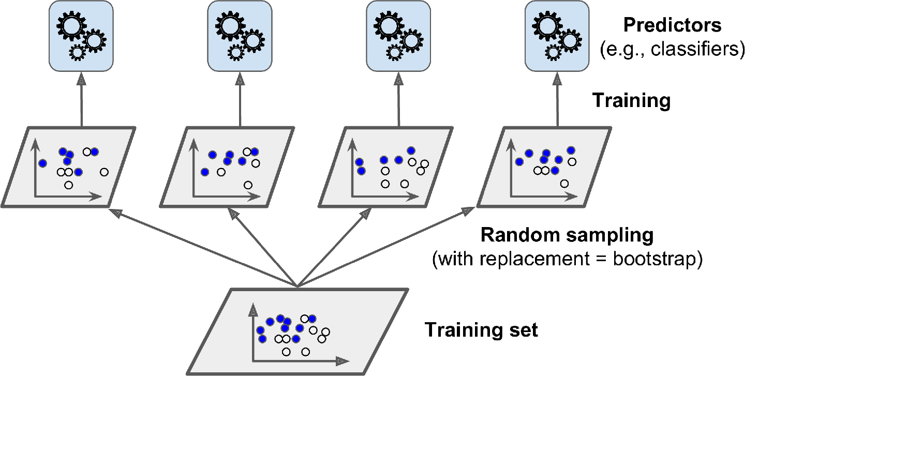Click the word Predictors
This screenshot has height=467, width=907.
tap(672, 25)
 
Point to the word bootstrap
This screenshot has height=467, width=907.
tap(653, 259)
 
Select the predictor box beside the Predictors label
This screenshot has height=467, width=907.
tap(557, 36)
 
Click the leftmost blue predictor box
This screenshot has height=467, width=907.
tap(81, 36)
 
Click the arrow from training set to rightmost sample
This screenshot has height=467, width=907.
tap(386, 247)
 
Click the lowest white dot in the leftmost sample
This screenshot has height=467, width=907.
tap(68, 185)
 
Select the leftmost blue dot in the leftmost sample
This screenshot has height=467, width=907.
tap(42, 163)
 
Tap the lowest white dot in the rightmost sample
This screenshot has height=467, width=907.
tap(564, 184)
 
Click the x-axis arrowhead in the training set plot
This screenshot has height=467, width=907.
tap(343, 361)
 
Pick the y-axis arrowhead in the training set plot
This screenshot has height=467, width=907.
tap(253, 310)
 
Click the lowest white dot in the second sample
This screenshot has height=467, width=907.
tap(248, 185)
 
